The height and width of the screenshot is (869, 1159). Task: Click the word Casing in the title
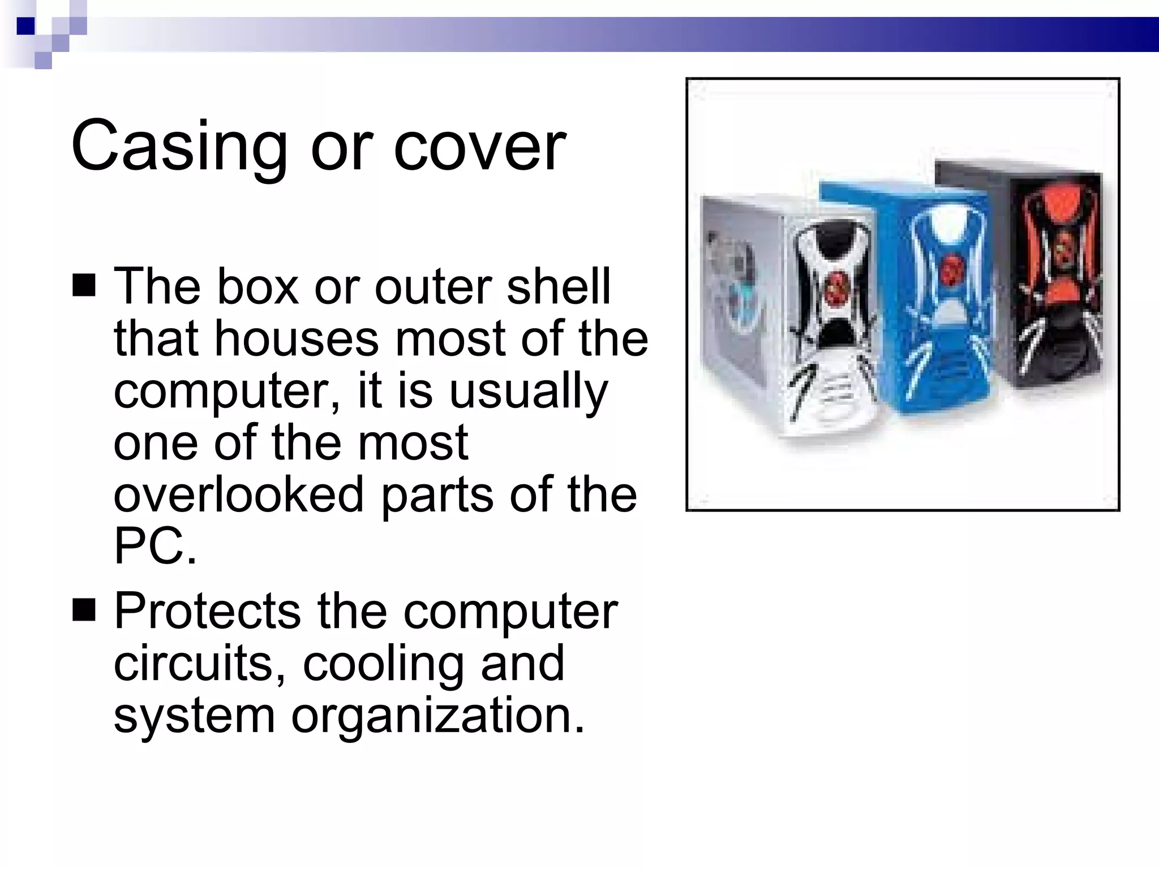[179, 147]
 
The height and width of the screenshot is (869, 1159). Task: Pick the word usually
[527, 392]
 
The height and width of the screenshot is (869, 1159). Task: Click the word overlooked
[238, 494]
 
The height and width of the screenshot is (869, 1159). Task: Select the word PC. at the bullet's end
[155, 547]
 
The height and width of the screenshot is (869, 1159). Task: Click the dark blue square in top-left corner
[25, 26]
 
